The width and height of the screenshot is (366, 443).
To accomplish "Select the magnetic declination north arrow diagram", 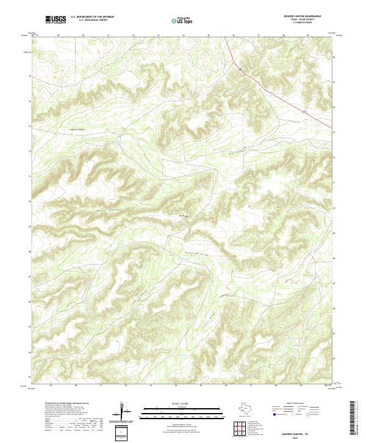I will coord(122,411).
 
